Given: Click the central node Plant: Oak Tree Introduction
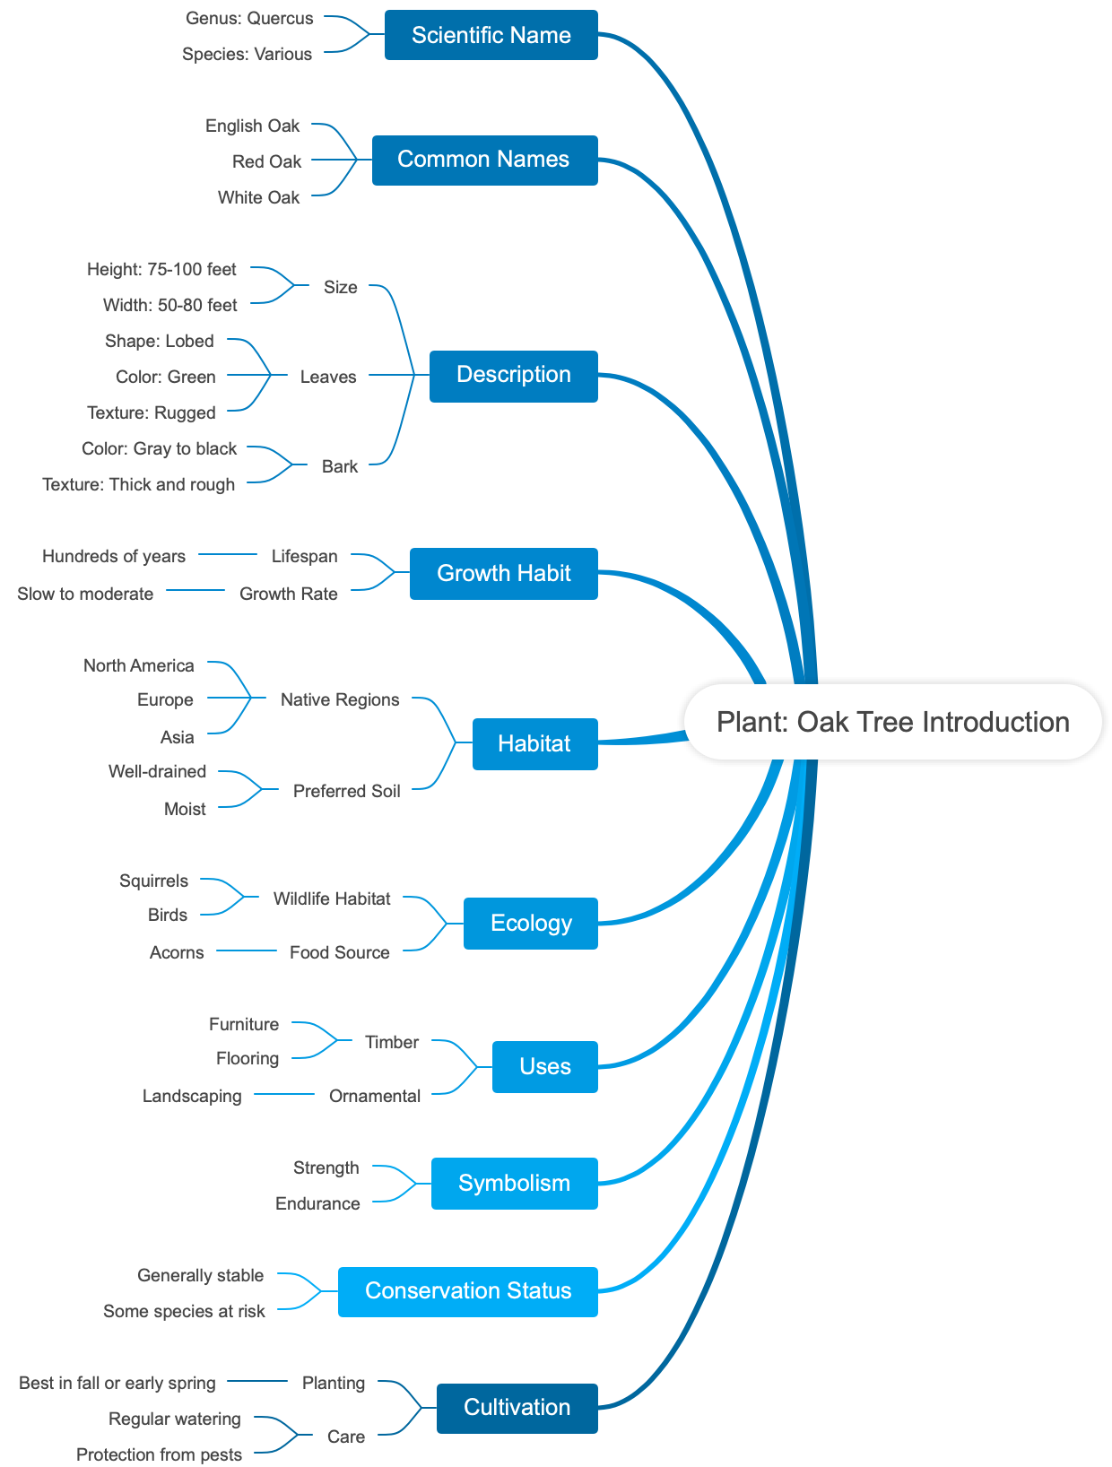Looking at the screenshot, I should [x=892, y=722].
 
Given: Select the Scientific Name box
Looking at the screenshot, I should [x=491, y=35].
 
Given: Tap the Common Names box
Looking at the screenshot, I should [x=484, y=160].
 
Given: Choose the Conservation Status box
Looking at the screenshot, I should [x=467, y=1291].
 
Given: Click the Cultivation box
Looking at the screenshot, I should [x=517, y=1408].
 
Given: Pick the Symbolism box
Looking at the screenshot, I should [x=514, y=1184].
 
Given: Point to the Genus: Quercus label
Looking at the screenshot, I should [x=249, y=18].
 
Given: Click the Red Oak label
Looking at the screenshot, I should [x=266, y=161].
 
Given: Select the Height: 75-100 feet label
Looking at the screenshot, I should [x=161, y=269].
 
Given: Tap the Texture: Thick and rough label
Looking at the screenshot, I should [x=139, y=484].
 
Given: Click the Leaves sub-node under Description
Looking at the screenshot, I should [x=328, y=377].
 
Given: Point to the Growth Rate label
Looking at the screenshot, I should [x=288, y=594].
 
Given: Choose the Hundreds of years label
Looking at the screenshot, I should [x=114, y=556].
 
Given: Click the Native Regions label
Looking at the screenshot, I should [x=340, y=699].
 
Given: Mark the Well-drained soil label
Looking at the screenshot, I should [x=157, y=771].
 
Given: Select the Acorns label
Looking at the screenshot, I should [x=177, y=952].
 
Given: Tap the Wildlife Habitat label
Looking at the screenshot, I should [x=332, y=898].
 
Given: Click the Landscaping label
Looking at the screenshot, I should [x=192, y=1096].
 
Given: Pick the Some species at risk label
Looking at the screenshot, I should [x=184, y=1311].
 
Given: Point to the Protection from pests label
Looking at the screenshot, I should [x=159, y=1454].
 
